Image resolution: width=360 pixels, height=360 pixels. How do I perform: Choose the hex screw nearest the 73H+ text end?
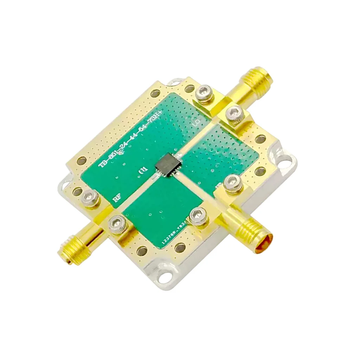(204, 93)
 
